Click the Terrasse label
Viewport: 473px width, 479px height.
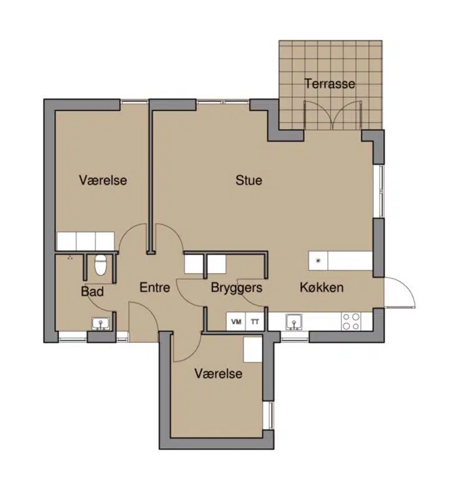(330, 84)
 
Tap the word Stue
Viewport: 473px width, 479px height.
(249, 180)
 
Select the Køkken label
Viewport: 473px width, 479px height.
(322, 288)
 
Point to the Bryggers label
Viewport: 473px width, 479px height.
(237, 288)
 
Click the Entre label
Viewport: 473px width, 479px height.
(155, 288)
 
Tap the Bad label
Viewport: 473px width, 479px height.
(92, 291)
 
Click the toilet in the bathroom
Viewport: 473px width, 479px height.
(100, 265)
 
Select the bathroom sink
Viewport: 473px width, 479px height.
(100, 324)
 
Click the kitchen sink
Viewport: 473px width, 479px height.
(294, 322)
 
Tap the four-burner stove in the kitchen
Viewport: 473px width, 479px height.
(351, 322)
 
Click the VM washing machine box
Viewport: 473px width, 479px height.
(236, 322)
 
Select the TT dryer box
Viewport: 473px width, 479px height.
(255, 322)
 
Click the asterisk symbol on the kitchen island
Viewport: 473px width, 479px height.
(318, 261)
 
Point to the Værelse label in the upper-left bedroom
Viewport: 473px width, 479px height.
(103, 180)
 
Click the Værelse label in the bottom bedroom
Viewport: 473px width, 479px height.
(219, 374)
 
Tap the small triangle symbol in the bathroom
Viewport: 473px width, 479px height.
(70, 258)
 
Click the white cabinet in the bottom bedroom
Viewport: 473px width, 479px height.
(252, 349)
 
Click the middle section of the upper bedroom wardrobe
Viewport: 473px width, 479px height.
(85, 241)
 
